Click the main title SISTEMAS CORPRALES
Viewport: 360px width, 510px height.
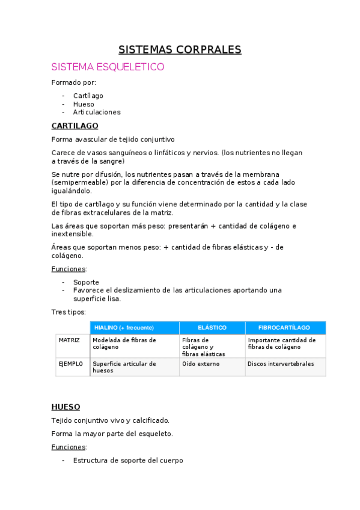180,49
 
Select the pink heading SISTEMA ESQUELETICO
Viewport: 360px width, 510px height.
108,67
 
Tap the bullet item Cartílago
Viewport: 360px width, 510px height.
88,96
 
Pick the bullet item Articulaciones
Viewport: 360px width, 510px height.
97,112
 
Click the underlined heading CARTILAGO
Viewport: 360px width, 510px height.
75,126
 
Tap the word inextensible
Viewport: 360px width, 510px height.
73,234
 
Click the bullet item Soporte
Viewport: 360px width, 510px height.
86,282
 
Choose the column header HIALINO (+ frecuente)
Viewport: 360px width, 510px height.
124,328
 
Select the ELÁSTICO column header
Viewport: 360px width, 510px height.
212,328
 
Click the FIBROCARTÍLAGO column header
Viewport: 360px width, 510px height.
284,328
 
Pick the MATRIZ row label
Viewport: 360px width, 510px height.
70,340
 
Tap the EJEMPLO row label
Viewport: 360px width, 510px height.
71,364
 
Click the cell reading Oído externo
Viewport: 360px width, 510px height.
201,364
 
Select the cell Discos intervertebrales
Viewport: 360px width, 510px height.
281,364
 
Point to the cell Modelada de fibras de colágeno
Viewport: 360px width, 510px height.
124,343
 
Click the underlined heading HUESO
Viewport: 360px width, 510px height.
66,407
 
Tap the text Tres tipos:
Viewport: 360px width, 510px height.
69,312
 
